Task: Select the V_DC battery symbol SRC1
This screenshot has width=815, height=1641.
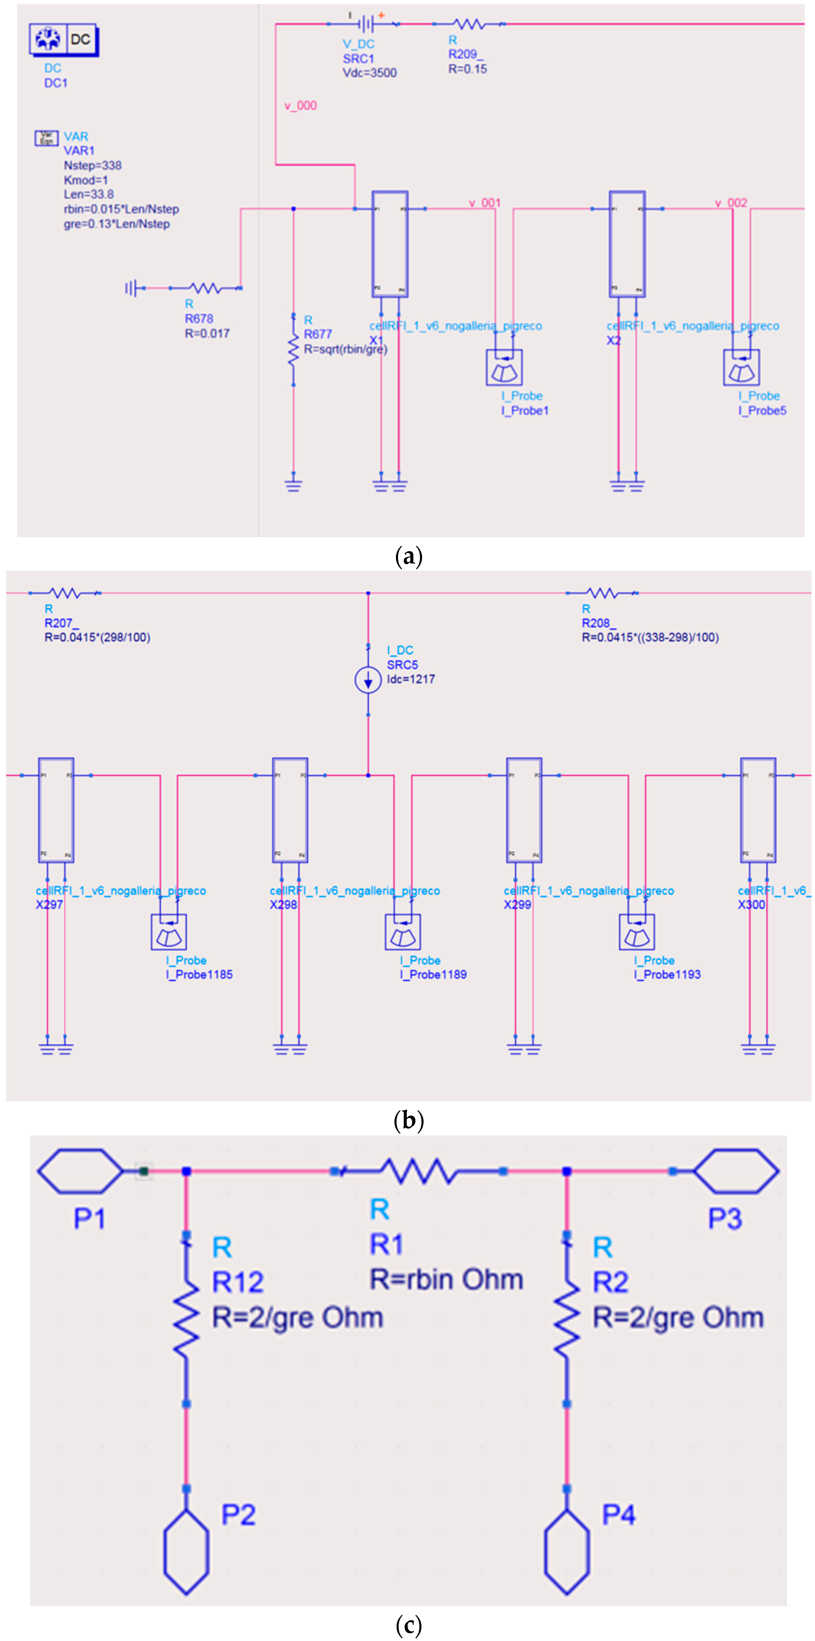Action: pos(365,24)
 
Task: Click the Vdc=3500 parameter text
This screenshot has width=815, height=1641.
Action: pos(369,73)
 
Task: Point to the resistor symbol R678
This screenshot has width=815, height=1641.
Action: pos(205,288)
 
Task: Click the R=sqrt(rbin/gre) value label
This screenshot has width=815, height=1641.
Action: pos(345,349)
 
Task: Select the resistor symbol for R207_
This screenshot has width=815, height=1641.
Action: pos(65,593)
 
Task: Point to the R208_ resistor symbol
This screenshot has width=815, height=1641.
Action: pos(602,593)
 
